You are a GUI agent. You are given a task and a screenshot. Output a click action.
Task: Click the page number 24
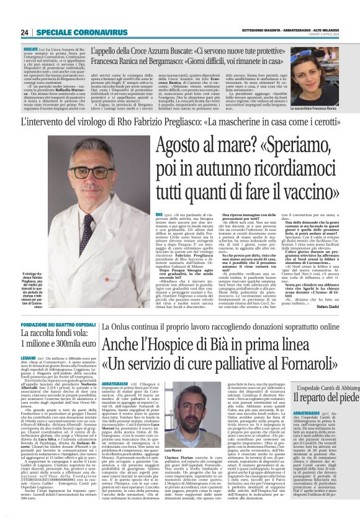25,32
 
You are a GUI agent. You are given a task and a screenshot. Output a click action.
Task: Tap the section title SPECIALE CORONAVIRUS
81,32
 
